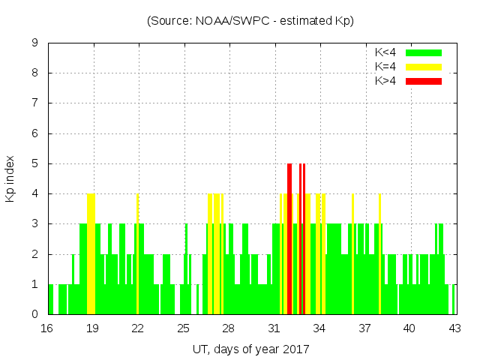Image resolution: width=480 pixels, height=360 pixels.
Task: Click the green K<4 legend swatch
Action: click(424, 52)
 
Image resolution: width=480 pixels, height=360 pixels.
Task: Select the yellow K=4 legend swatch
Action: click(424, 67)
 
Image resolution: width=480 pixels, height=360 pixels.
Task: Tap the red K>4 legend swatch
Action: click(424, 80)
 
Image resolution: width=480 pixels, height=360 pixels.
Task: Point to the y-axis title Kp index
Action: click(10, 178)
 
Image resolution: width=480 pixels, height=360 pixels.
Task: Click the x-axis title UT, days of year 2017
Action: click(250, 349)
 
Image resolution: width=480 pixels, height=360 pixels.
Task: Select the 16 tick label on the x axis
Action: click(47, 328)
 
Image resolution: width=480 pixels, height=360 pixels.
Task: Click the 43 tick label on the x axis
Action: click(454, 328)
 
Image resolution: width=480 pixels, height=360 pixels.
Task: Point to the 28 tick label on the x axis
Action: click(228, 328)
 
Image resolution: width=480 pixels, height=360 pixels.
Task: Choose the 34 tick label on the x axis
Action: click(319, 328)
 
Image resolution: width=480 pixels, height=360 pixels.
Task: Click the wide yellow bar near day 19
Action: click(91, 255)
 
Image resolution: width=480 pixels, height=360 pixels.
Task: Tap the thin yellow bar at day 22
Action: click(137, 255)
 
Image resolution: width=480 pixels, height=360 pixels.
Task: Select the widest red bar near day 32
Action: click(289, 240)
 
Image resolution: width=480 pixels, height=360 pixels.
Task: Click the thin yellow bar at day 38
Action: click(379, 255)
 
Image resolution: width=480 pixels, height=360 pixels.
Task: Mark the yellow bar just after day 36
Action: click(352, 255)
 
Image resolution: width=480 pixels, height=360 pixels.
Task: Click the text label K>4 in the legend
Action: click(385, 80)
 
